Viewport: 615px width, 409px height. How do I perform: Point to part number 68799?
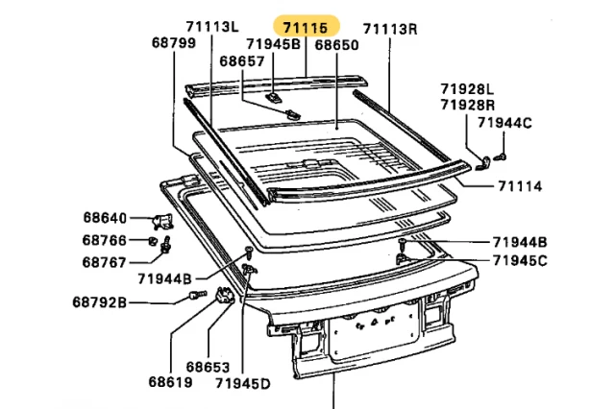tap(174, 43)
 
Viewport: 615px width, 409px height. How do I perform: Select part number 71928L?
tap(468, 88)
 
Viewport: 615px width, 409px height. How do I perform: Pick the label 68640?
tap(105, 217)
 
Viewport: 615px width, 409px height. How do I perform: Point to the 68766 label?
tap(105, 240)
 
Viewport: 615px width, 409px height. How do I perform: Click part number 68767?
tap(105, 261)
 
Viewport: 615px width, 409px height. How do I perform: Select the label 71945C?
tap(520, 260)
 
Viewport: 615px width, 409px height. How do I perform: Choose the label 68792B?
tap(99, 304)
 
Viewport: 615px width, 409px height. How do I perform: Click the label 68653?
tap(208, 367)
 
